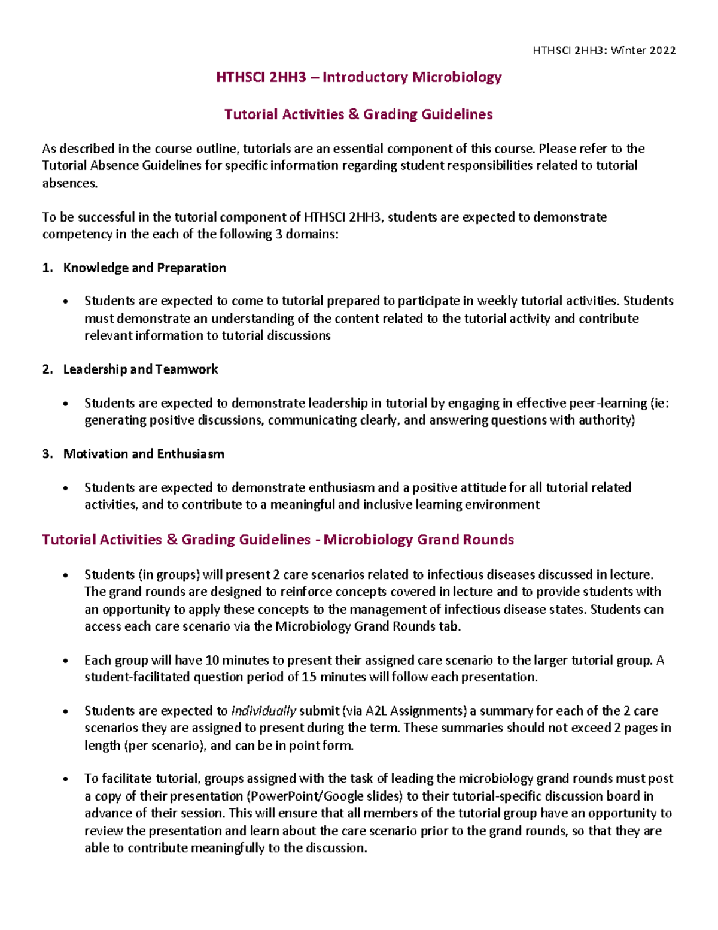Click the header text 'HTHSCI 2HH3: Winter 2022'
pos(604,50)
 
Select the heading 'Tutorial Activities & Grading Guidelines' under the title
pos(358,114)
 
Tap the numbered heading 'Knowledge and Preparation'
pos(144,268)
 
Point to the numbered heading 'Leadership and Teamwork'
pos(141,369)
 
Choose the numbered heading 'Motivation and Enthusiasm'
pos(144,454)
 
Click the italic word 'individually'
pos(263,711)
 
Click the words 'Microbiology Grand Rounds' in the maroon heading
pos(418,540)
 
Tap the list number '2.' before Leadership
pos(48,369)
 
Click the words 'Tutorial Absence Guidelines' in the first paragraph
pos(121,166)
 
